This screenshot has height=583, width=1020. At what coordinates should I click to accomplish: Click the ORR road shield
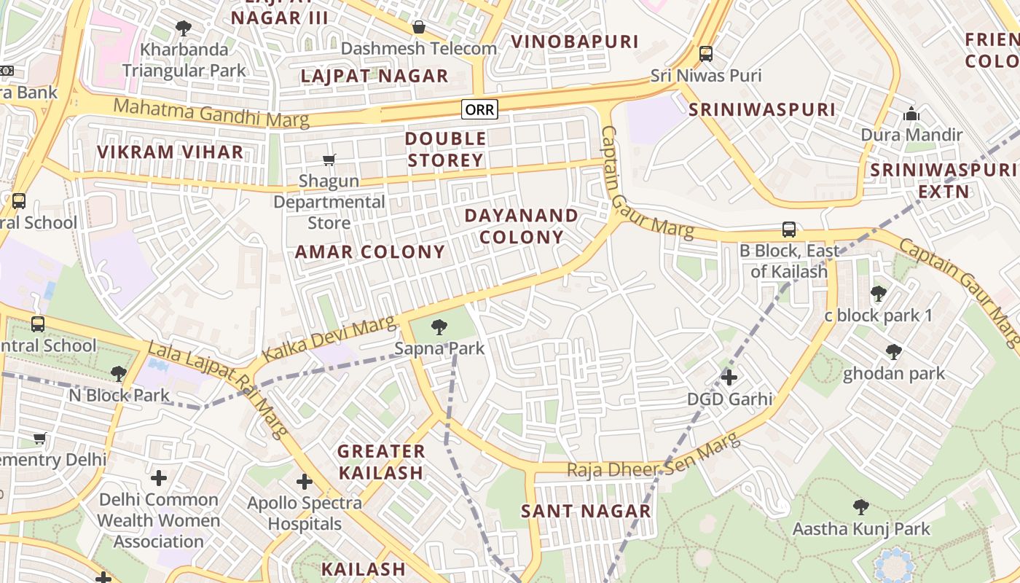(x=479, y=109)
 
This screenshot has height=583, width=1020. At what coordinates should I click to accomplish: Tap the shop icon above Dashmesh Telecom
(x=419, y=28)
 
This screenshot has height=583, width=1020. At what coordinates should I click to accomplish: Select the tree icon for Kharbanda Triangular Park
(x=184, y=28)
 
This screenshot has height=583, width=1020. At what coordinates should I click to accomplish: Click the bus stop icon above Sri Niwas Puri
(x=705, y=54)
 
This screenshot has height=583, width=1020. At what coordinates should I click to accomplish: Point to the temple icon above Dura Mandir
(x=911, y=114)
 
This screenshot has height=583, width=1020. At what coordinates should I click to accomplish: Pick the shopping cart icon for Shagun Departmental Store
(x=329, y=160)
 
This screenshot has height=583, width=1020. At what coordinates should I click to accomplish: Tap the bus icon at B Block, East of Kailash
(x=788, y=230)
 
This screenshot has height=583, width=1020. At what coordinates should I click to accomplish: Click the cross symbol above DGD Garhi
(x=729, y=377)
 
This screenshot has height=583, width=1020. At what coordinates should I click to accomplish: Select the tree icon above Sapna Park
(x=439, y=327)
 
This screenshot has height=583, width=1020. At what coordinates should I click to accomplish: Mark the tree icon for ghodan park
(x=893, y=353)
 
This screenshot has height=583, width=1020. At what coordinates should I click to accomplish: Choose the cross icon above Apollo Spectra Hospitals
(x=305, y=482)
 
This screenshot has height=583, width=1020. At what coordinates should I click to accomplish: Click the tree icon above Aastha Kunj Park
(x=861, y=507)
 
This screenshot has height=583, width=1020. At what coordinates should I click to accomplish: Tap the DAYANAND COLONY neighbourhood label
(x=521, y=226)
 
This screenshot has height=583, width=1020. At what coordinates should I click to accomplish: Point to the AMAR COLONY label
(x=369, y=252)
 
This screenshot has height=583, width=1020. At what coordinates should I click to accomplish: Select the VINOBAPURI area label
(x=575, y=42)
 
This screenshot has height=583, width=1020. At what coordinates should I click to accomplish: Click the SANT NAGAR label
(x=586, y=511)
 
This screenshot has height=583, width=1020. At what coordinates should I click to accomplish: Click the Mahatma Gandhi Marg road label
(x=211, y=112)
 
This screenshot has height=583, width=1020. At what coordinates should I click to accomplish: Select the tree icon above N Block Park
(x=118, y=375)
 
